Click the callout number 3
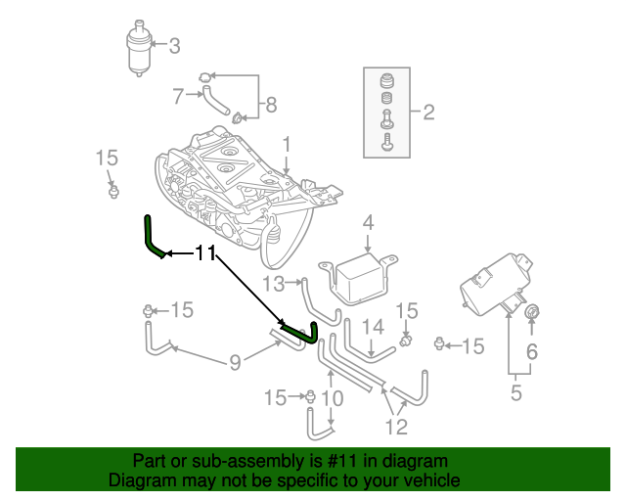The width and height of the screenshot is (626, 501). [x=175, y=45]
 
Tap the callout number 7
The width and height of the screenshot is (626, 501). [x=177, y=96]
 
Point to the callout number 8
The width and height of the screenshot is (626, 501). [x=271, y=104]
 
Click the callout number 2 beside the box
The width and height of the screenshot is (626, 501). [x=428, y=113]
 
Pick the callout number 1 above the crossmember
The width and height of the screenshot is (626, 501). [x=287, y=145]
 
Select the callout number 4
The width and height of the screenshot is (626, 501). [x=368, y=223]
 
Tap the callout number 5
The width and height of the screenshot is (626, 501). [x=515, y=394]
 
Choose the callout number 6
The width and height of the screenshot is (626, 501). [x=532, y=351]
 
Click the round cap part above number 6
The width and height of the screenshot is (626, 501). [x=532, y=312]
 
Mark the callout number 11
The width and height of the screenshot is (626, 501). [x=204, y=253]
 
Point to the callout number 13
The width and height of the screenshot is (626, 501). [x=273, y=284]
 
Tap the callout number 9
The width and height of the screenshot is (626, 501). [x=235, y=364]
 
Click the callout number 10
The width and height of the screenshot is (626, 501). [x=333, y=398]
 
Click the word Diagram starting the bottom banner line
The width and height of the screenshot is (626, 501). [x=139, y=480]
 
